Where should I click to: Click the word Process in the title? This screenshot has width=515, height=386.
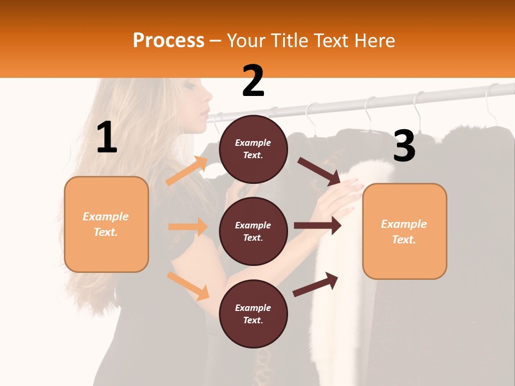click(x=168, y=40)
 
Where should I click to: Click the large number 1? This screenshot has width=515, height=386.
click(x=107, y=138)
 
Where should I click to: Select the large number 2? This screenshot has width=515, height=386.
click(x=253, y=81)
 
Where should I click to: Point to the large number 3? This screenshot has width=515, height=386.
click(x=404, y=146)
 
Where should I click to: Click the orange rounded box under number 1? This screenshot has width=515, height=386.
click(x=106, y=224)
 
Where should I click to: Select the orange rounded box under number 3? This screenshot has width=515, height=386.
click(x=404, y=231)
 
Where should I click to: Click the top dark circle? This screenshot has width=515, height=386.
click(x=253, y=149)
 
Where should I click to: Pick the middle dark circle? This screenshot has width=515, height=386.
click(x=253, y=231)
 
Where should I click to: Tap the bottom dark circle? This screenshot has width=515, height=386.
click(x=253, y=314)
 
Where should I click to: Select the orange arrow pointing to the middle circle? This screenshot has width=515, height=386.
click(x=188, y=227)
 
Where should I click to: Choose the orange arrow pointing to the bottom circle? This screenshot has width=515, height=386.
click(x=188, y=285)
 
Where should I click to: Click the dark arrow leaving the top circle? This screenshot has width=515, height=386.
click(x=319, y=171)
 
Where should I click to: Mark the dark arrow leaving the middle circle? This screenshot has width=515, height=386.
click(x=318, y=226)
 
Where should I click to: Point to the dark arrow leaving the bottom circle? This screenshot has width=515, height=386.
click(x=315, y=285)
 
